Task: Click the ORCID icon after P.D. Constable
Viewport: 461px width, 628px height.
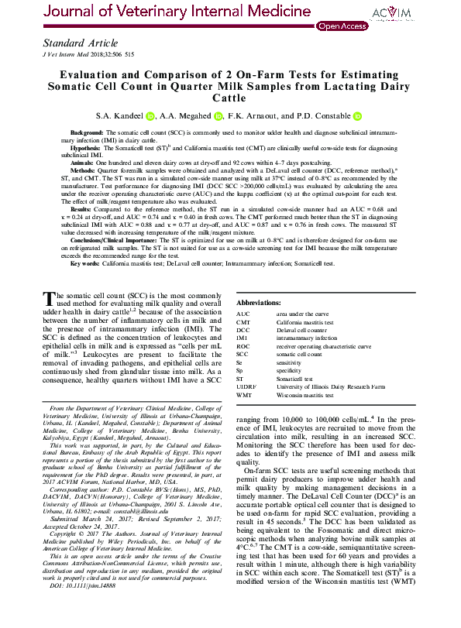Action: tap(357, 116)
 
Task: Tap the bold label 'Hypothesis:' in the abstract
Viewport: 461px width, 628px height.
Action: tap(86, 148)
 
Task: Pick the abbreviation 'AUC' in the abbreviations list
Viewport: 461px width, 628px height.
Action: tap(243, 314)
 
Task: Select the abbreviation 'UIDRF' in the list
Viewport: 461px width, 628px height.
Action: tap(246, 386)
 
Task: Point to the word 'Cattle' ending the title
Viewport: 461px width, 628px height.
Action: tap(230, 98)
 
